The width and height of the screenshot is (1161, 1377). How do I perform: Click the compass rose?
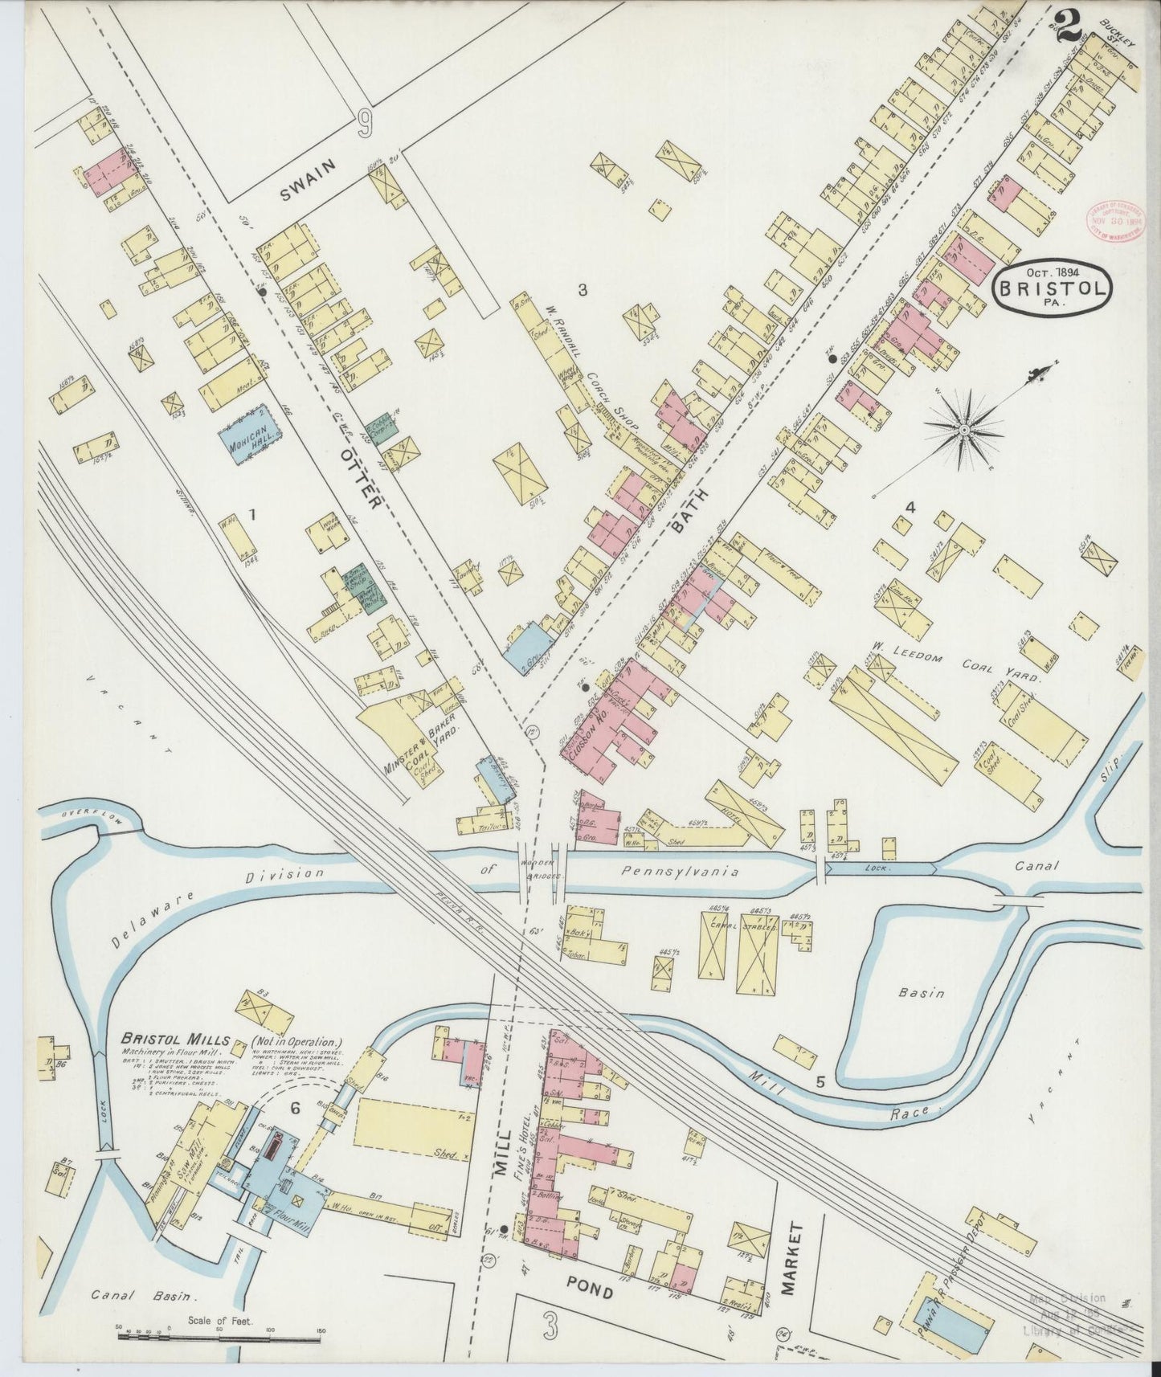pyautogui.click(x=962, y=431)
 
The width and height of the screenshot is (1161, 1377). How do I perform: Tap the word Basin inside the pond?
pyautogui.click(x=921, y=994)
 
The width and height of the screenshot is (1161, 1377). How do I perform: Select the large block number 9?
pyautogui.click(x=366, y=124)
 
